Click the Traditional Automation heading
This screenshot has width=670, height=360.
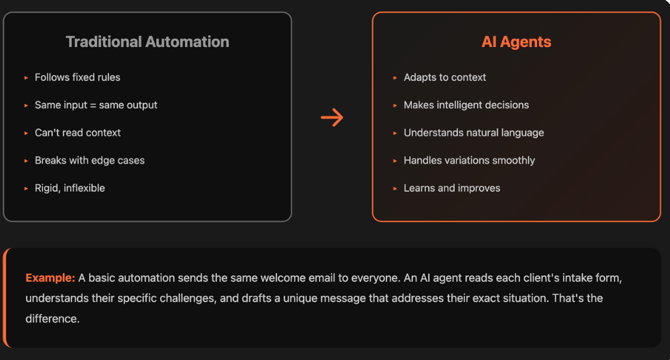(147, 42)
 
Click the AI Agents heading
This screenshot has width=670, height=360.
(516, 42)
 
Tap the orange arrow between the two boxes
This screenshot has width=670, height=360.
(332, 118)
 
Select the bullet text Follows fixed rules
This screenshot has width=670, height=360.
(77, 77)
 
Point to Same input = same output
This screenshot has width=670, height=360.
(96, 105)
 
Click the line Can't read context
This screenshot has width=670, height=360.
(77, 133)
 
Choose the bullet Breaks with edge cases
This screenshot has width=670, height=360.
(89, 161)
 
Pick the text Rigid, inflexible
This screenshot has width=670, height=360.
(69, 189)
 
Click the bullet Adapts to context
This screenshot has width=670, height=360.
(444, 77)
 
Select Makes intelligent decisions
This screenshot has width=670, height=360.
(466, 105)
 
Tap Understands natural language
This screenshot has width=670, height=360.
(474, 133)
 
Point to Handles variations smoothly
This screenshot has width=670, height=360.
(469, 161)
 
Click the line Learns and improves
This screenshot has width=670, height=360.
(452, 189)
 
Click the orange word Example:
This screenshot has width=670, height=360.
(50, 278)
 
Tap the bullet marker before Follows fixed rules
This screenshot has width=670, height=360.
(26, 78)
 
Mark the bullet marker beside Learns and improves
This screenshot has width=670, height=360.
(396, 189)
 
